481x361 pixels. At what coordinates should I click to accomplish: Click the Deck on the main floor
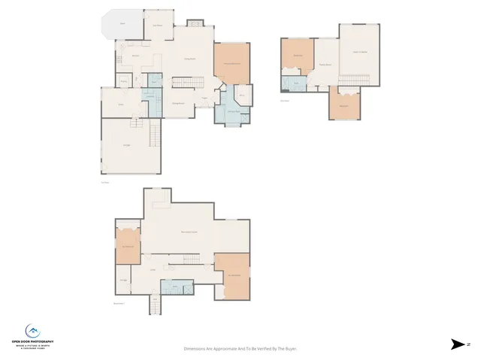(123, 23)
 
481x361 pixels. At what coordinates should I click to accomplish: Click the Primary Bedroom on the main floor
(231, 64)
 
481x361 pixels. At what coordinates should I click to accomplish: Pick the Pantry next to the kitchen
(123, 81)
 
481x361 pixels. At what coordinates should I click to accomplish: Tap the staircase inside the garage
(155, 136)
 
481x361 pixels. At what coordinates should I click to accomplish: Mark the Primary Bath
(233, 112)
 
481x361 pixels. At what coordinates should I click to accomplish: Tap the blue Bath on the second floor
(296, 83)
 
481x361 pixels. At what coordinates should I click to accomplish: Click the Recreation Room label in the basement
(189, 232)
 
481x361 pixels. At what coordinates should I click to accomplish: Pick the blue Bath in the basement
(176, 287)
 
